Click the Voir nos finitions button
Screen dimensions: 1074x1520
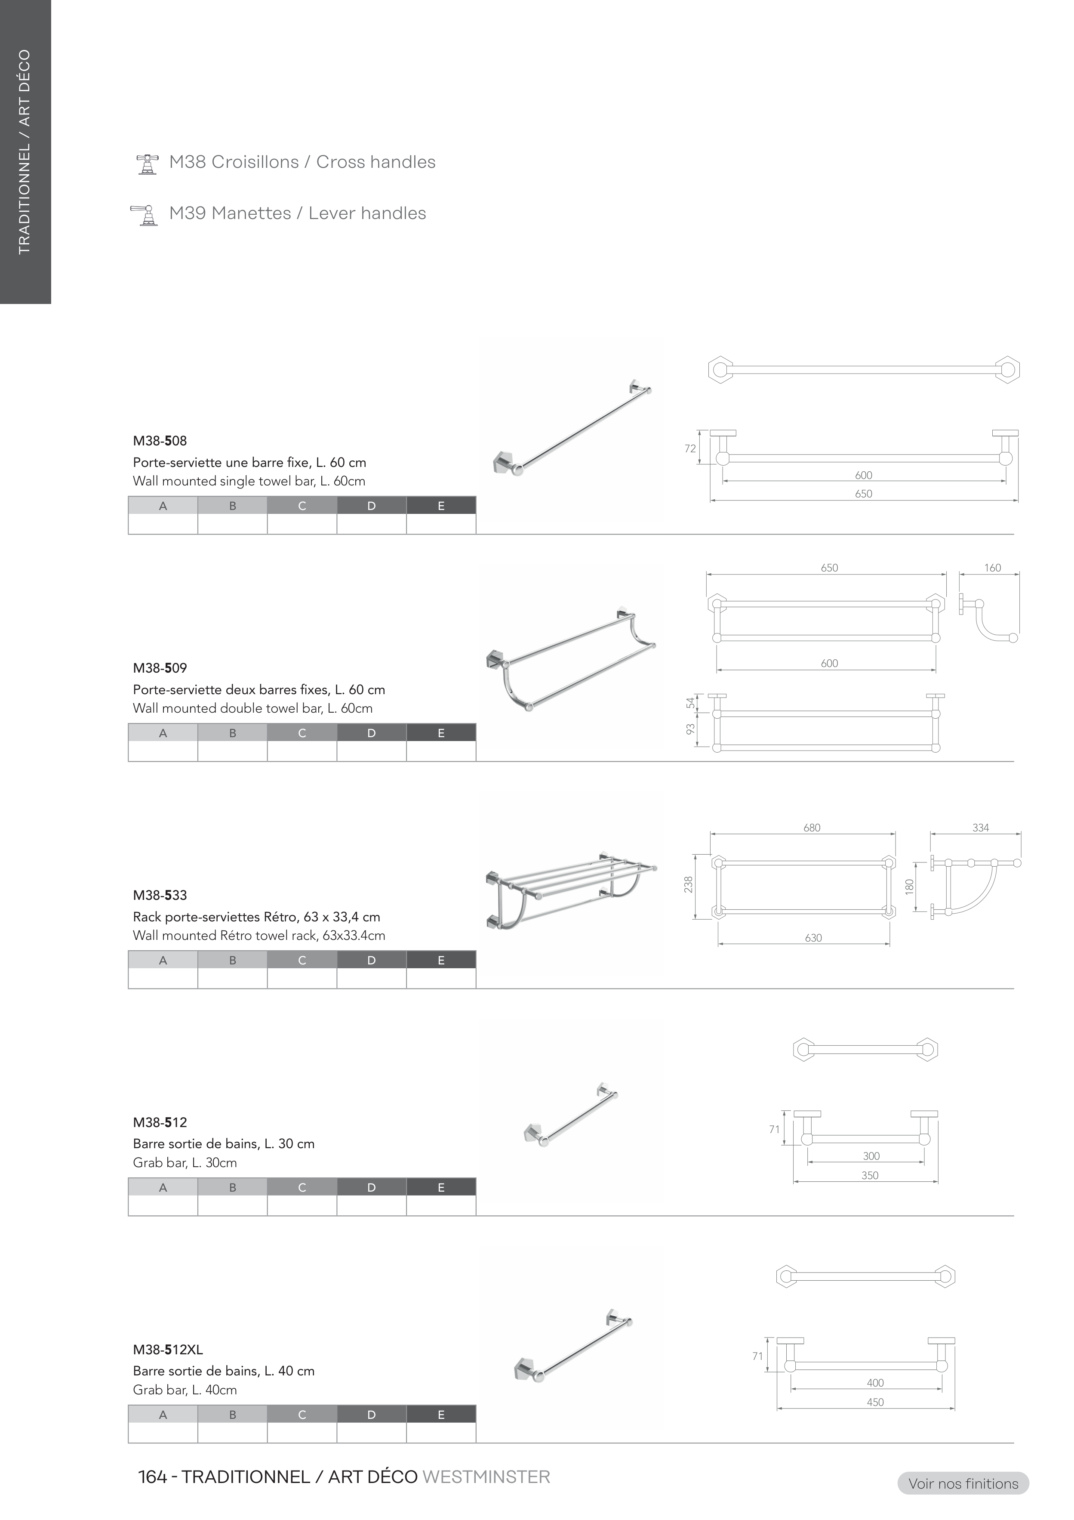pos(963,1483)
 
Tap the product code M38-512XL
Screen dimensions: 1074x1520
pos(168,1349)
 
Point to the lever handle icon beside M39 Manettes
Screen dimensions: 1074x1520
pos(145,215)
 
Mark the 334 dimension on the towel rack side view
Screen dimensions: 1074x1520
pos(981,828)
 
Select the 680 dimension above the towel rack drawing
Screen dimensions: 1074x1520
pos(812,828)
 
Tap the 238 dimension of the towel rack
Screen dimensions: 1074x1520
pos(689,884)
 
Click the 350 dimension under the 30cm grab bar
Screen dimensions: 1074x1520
pos(870,1175)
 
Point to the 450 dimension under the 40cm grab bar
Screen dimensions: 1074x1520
pos(875,1402)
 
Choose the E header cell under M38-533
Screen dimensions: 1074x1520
pos(441,960)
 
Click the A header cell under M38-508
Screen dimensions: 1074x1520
pos(163,506)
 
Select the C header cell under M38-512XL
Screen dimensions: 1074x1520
pos(302,1415)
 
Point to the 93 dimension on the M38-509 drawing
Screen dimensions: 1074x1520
pos(690,729)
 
